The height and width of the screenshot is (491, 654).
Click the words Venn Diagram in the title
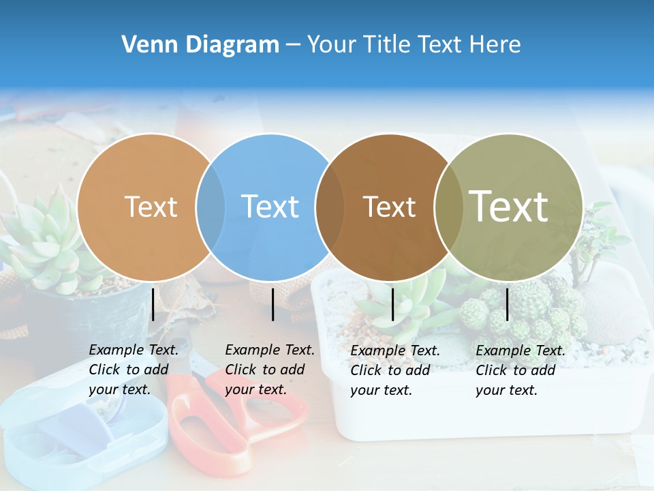click(x=200, y=45)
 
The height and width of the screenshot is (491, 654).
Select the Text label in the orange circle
click(x=151, y=207)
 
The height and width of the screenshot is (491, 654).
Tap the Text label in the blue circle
click(x=270, y=207)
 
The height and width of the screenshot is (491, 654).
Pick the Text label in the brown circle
click(x=389, y=207)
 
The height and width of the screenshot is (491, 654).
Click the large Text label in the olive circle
click(x=508, y=206)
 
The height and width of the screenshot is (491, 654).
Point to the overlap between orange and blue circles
click(x=211, y=207)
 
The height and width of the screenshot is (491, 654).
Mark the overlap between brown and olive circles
click(x=448, y=207)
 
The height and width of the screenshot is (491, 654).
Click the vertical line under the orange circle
click(x=153, y=303)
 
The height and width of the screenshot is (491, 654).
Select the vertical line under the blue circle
click(x=272, y=303)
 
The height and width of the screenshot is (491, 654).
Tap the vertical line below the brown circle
click(x=392, y=303)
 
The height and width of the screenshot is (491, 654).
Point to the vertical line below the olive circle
click(x=507, y=303)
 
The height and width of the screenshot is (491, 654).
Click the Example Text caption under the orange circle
click(x=133, y=370)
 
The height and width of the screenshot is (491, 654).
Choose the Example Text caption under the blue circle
click(x=269, y=370)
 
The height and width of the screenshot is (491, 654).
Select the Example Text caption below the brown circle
click(x=394, y=370)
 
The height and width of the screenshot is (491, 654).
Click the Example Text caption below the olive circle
click(x=520, y=370)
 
